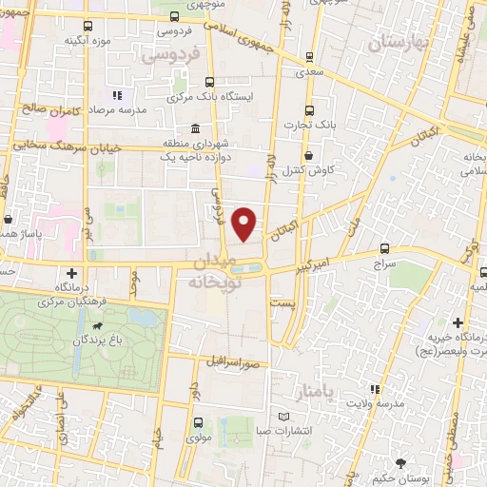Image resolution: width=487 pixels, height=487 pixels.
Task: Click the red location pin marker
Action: pyautogui.click(x=245, y=224)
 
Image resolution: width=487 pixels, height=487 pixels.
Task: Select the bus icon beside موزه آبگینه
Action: pyautogui.click(x=88, y=27)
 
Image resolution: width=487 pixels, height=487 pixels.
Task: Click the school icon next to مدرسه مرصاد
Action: pyautogui.click(x=117, y=95)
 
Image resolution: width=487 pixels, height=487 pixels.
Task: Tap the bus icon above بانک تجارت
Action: pyautogui.click(x=308, y=110)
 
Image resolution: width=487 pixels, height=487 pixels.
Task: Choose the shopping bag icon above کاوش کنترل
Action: pyautogui.click(x=308, y=156)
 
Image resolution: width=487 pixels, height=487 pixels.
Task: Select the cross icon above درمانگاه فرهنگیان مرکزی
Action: pyautogui.click(x=70, y=274)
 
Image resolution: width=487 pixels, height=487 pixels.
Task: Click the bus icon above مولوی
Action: pyautogui.click(x=198, y=421)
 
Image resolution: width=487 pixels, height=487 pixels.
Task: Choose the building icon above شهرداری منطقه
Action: pyautogui.click(x=195, y=129)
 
